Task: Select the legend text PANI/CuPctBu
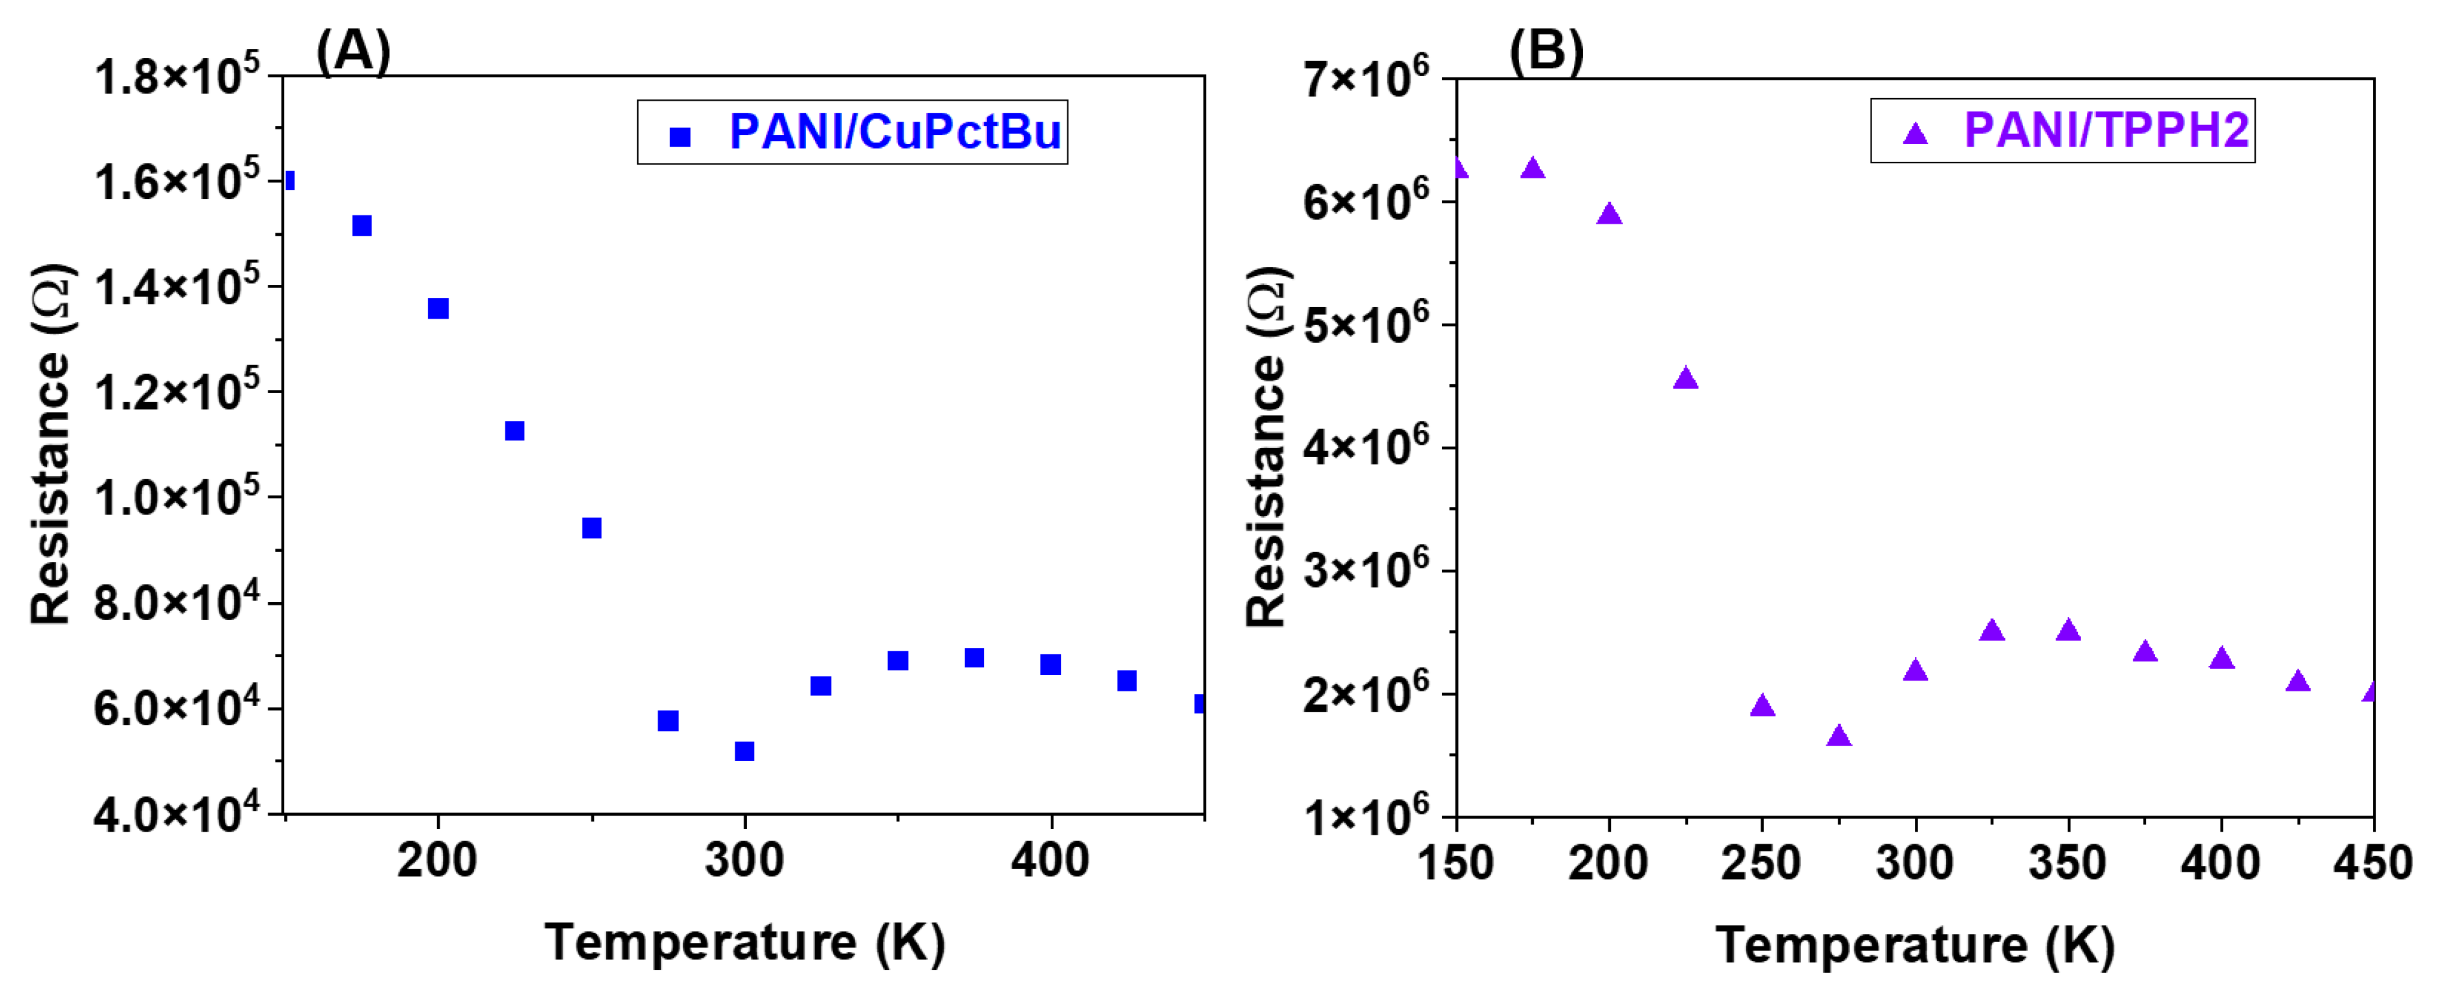click(x=895, y=132)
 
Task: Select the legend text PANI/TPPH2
click(x=2106, y=130)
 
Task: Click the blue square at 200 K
click(x=438, y=308)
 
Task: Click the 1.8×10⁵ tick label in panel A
click(x=176, y=76)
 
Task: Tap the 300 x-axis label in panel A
click(x=744, y=861)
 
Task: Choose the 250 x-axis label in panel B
click(x=1761, y=863)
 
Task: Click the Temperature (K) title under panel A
click(x=745, y=942)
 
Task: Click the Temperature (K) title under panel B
click(x=1915, y=945)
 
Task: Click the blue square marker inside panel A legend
click(x=679, y=137)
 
